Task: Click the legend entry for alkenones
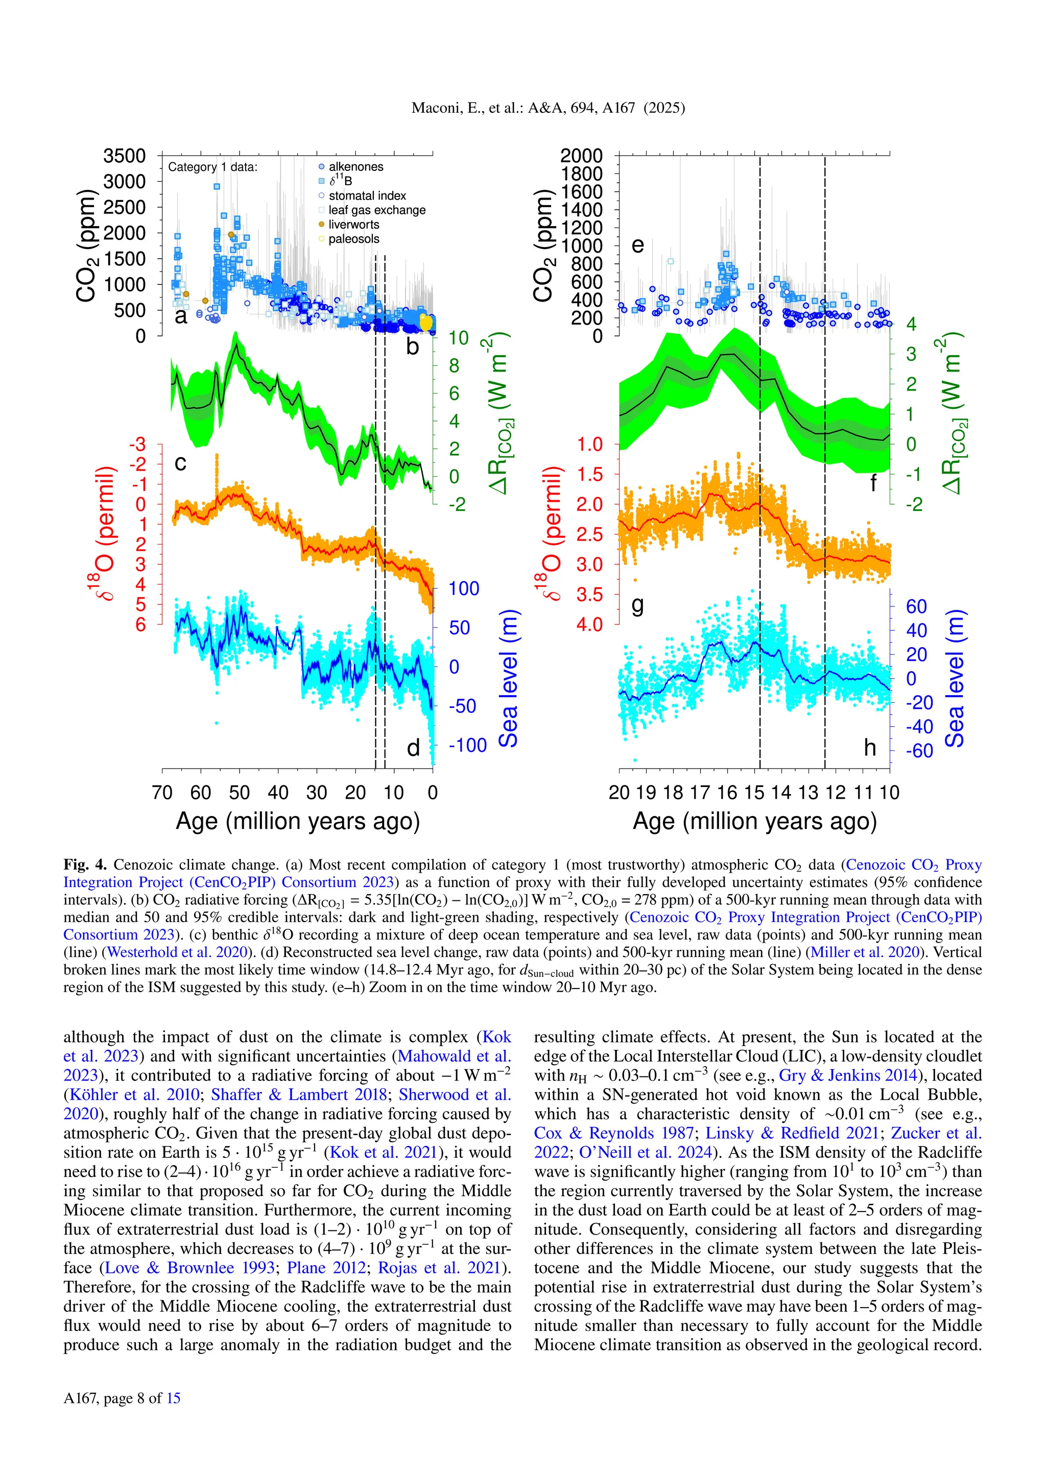point(355,167)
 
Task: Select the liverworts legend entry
point(353,225)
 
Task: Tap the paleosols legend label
point(353,239)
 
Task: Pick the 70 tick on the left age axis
point(162,793)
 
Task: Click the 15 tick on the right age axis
point(753,793)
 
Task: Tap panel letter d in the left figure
point(413,747)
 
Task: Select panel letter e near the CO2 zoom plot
point(637,245)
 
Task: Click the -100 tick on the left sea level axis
point(468,746)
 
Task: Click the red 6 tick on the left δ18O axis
point(140,624)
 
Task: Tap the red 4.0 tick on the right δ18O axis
point(589,624)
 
